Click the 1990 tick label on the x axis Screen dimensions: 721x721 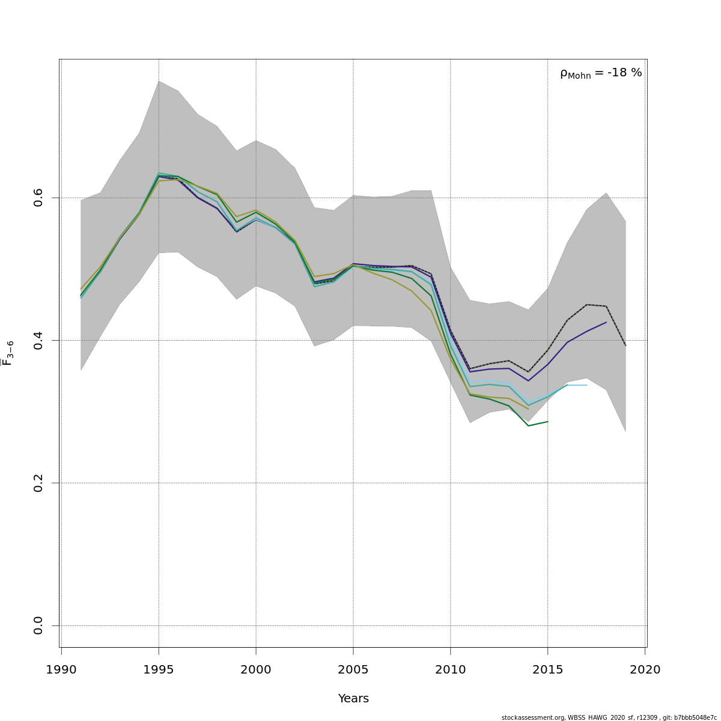[61, 669]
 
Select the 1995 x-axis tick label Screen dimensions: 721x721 [159, 669]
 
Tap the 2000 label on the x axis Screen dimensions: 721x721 [256, 669]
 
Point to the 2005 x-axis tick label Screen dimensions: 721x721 [353, 669]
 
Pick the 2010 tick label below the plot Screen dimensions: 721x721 [451, 669]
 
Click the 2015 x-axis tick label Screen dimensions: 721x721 [548, 669]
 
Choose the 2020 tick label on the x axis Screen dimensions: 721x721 [645, 669]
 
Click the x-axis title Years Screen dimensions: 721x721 [353, 699]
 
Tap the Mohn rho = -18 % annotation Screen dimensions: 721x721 [601, 73]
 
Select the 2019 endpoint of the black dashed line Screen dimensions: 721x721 [625, 345]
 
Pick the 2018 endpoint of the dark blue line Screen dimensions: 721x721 [606, 322]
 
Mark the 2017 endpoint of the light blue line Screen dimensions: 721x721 [586, 385]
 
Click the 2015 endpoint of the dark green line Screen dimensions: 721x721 [548, 421]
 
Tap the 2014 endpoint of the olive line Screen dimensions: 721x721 [528, 409]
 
